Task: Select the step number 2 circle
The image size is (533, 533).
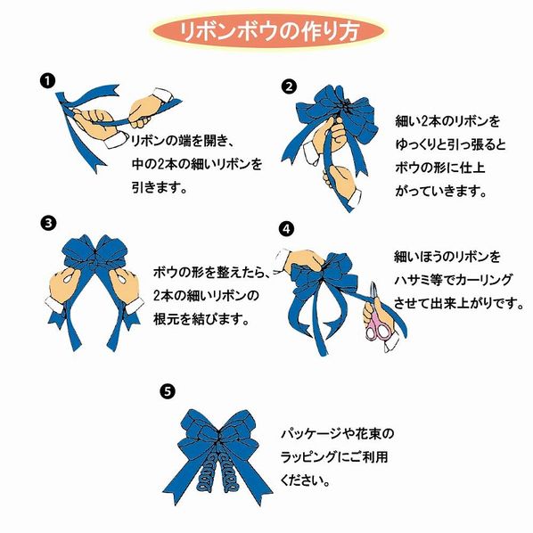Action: pyautogui.click(x=288, y=86)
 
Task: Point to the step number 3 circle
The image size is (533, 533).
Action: pyautogui.click(x=48, y=222)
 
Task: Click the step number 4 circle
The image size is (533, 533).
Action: pyautogui.click(x=285, y=228)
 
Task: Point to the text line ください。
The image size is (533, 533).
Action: pyautogui.click(x=307, y=479)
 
